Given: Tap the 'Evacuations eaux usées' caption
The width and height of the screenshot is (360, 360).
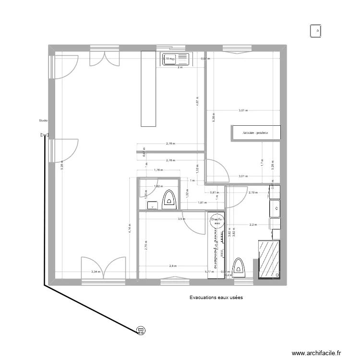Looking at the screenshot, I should click(x=216, y=298).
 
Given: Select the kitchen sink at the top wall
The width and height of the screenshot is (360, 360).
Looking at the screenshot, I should click(x=175, y=59).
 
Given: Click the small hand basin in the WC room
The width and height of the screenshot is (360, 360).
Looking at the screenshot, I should click(x=153, y=204).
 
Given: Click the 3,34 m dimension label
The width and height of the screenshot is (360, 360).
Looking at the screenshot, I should click(x=95, y=272).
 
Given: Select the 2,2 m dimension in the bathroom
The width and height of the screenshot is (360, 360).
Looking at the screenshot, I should click(x=252, y=224).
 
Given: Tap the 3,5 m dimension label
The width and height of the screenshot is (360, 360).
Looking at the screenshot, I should click(x=181, y=219).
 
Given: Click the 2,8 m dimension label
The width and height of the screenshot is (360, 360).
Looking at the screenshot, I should click(x=173, y=265).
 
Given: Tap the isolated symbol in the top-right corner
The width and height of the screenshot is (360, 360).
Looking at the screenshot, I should click(x=317, y=31).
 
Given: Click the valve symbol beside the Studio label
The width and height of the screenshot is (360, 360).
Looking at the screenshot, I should click(x=45, y=135).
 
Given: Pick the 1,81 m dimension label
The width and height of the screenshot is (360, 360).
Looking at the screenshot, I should click(x=202, y=203).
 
